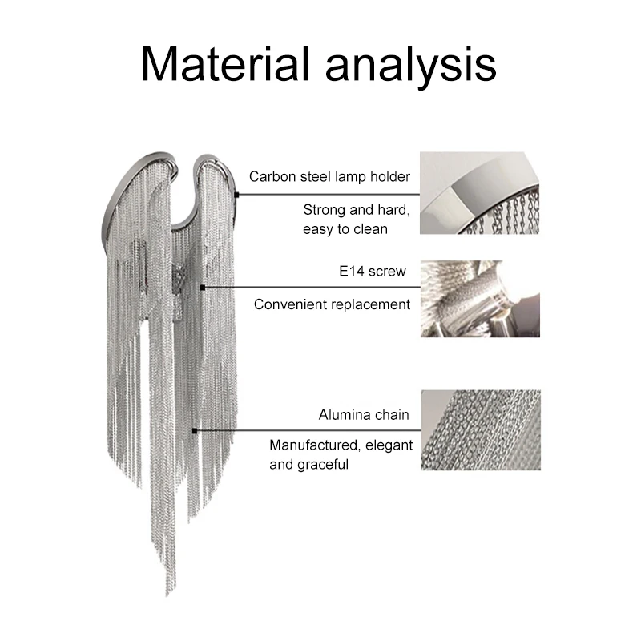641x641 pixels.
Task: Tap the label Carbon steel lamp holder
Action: pos(329,176)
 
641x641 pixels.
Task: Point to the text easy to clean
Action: pos(345,229)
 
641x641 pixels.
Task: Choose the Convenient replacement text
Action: pos(332,304)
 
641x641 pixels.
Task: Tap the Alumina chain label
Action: pos(364,415)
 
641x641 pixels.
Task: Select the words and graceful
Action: pos(309,464)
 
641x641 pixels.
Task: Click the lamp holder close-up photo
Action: pos(480,193)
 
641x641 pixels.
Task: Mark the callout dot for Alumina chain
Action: pos(195,431)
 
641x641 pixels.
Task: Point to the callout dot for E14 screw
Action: pos(204,287)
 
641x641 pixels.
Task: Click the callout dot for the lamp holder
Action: pos(239,193)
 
